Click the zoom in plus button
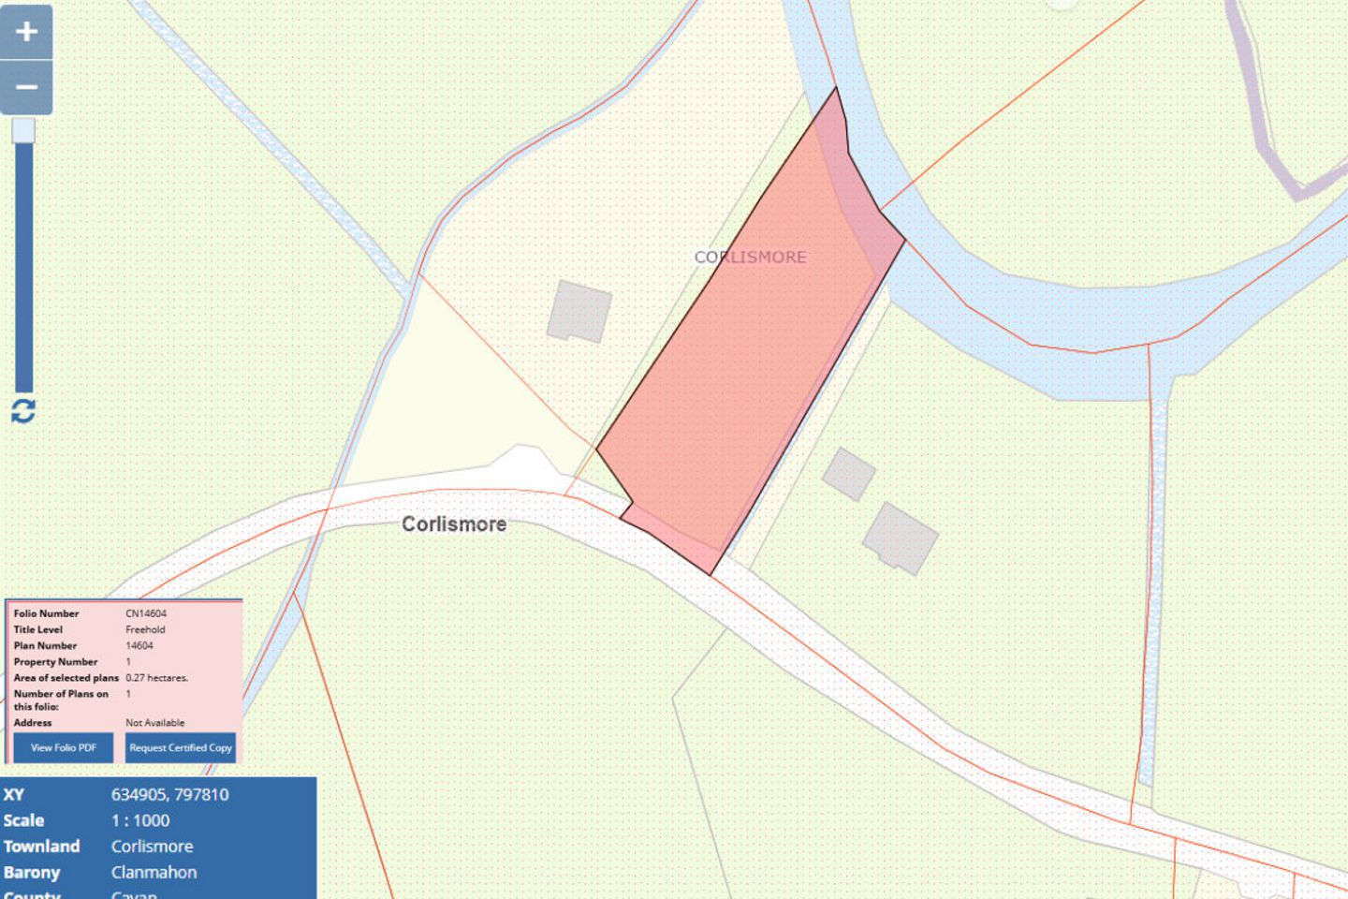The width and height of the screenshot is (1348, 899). click(x=26, y=32)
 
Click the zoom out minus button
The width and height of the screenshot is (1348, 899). click(x=26, y=88)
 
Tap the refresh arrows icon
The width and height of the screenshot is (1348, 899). click(x=23, y=410)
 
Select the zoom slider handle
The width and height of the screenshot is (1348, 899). click(x=23, y=130)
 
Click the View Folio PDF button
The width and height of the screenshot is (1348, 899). click(x=64, y=747)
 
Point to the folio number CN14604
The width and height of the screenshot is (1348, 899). click(x=146, y=613)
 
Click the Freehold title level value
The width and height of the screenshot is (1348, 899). click(x=145, y=629)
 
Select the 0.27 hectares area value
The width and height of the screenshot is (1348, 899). click(x=156, y=677)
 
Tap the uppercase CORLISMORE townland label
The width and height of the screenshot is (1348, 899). click(x=750, y=257)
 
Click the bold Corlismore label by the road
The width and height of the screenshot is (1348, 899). click(x=454, y=524)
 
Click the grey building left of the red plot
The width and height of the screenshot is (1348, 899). click(x=579, y=311)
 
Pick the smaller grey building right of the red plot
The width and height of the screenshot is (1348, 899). click(x=849, y=474)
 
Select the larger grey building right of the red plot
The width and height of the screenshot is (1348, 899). click(x=900, y=538)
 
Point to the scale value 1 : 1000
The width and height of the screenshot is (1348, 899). click(x=140, y=820)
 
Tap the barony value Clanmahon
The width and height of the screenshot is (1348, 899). click(x=154, y=872)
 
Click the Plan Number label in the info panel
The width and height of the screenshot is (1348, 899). click(x=45, y=645)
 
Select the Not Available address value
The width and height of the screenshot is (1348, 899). click(x=155, y=723)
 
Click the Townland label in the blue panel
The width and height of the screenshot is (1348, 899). click(x=41, y=846)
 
